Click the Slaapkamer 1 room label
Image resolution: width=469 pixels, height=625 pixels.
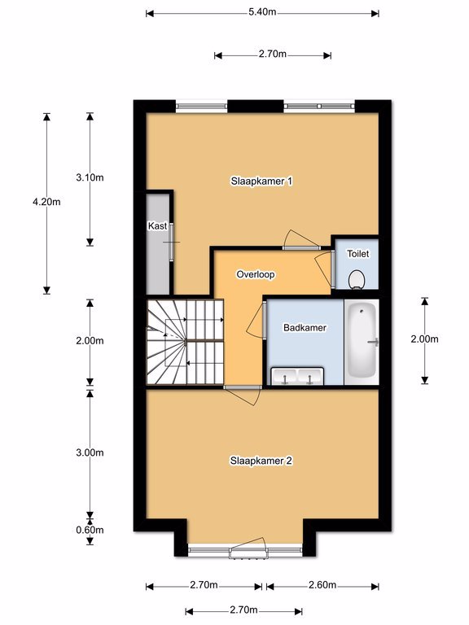[x=261, y=181]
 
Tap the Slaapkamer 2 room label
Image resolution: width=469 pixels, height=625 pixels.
[x=261, y=461]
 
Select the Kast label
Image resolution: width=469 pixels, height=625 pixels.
[x=157, y=226]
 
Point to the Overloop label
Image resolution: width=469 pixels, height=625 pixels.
[x=256, y=274]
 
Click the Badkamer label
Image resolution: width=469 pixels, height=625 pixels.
[x=305, y=328]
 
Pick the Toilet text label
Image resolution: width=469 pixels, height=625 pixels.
[x=357, y=254]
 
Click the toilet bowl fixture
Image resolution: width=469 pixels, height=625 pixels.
[x=356, y=279]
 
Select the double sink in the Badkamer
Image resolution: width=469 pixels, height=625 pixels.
[x=297, y=376]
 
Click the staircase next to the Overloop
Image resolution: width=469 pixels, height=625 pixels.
[x=186, y=342]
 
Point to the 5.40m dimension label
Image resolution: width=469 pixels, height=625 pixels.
[x=262, y=12]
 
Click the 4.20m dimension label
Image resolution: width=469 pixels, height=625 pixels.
[x=46, y=202]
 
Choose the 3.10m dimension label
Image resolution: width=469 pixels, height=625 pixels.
[x=90, y=177]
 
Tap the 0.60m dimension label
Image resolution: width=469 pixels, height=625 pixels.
[x=90, y=530]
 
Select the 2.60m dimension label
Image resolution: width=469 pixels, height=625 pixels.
[x=322, y=585]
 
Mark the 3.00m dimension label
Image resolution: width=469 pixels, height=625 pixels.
[x=90, y=452]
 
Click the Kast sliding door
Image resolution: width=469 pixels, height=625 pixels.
[x=172, y=242]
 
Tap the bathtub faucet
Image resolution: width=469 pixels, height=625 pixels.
[x=374, y=342]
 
